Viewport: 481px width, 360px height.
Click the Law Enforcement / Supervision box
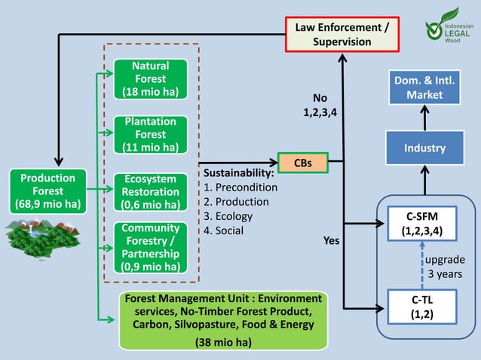point(342,35)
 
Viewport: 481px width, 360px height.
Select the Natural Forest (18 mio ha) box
point(150,79)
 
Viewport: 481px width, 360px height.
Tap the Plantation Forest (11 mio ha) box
point(150,134)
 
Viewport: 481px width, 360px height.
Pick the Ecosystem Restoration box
point(150,192)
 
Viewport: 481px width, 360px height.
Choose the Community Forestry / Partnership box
point(150,247)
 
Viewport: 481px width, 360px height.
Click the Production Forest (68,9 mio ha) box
point(47,191)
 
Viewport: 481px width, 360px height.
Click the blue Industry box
point(424,148)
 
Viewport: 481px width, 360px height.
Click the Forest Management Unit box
point(223,320)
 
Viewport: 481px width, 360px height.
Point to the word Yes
point(331,242)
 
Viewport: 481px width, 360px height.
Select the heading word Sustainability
point(237,173)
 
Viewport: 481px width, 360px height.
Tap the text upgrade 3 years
point(446,267)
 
